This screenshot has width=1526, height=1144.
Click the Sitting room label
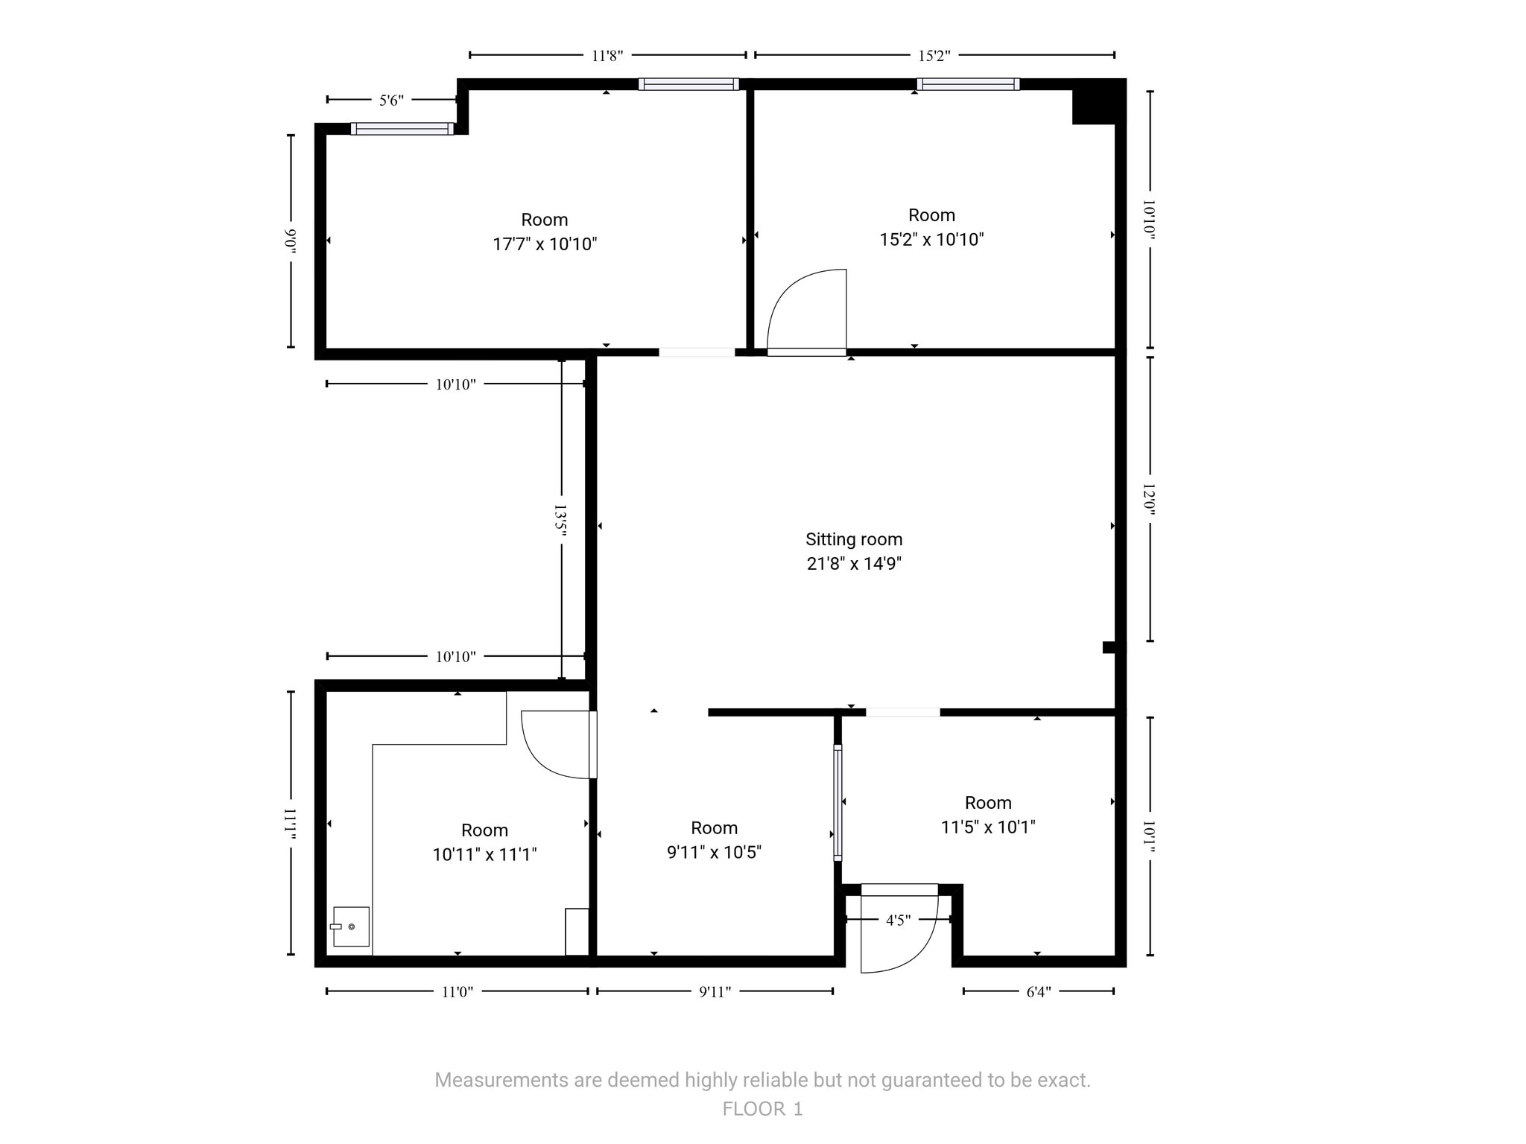(853, 539)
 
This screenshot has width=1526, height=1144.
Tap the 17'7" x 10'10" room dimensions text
(545, 244)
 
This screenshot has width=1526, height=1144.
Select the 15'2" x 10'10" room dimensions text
(931, 240)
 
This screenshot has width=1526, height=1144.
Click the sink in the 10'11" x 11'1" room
(350, 927)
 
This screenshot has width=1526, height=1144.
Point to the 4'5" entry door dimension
(898, 921)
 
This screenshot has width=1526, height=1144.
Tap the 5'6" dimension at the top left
(391, 101)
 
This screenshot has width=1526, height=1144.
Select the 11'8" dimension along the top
(607, 56)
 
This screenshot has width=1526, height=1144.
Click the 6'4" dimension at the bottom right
(1038, 992)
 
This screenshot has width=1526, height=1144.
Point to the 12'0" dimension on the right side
(1149, 499)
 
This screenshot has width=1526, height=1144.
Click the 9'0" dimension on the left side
(291, 241)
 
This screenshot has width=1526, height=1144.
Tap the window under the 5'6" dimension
(402, 129)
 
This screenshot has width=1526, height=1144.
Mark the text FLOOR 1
(762, 1109)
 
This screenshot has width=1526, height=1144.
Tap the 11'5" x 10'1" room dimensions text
(988, 827)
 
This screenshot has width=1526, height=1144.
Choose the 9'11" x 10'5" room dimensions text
(714, 853)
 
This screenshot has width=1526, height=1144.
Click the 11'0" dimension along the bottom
(457, 992)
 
